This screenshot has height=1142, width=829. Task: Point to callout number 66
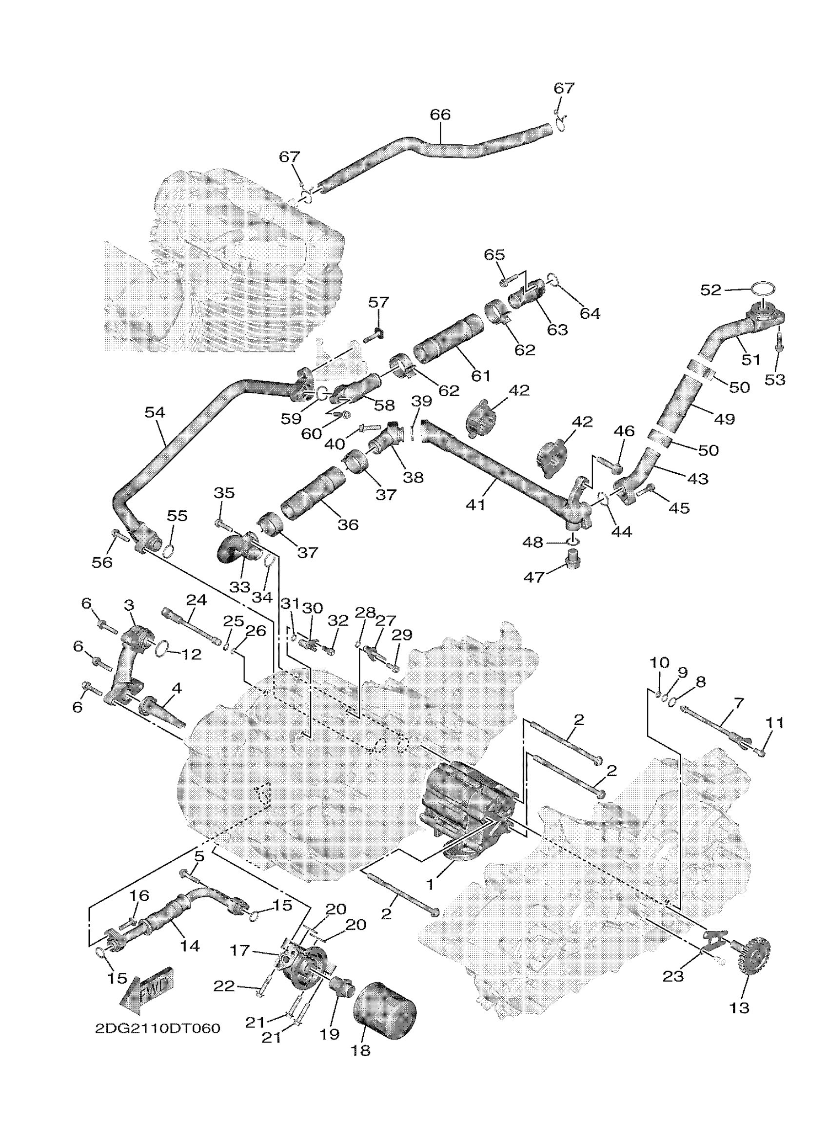tap(440, 115)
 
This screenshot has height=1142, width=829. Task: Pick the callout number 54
tap(155, 412)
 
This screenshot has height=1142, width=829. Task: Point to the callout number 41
tap(475, 504)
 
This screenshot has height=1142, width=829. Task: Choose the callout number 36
tap(348, 524)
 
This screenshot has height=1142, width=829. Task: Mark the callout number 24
tap(197, 600)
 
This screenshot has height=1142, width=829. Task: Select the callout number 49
tap(725, 418)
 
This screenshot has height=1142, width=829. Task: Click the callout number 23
tap(673, 976)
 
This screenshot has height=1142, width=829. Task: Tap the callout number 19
tap(329, 1034)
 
